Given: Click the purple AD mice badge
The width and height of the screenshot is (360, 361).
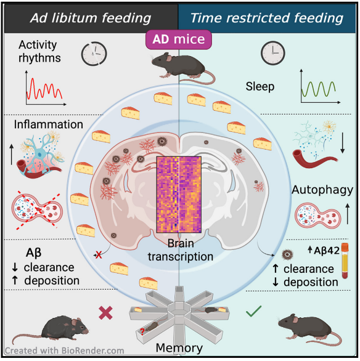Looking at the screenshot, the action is [179, 39].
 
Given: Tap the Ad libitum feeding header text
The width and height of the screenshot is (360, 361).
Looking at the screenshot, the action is [91, 18].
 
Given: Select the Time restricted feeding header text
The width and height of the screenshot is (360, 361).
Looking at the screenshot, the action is [267, 18].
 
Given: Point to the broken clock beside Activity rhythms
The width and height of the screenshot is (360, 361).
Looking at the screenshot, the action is [94, 54].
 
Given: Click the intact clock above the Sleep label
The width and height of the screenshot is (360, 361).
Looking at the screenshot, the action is [273, 53].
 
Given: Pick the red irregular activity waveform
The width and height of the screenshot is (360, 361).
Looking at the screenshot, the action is [44, 89].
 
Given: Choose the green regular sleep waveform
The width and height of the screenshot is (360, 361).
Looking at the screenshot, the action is [318, 89].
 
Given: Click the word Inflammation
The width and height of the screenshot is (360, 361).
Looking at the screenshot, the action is [49, 124].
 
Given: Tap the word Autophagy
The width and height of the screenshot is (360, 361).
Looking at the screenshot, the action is [322, 190].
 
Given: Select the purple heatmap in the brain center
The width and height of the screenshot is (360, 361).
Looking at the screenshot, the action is [179, 195].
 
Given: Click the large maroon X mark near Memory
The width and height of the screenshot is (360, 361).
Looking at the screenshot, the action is [106, 313].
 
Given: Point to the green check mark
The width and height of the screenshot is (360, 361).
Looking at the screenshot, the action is [253, 311].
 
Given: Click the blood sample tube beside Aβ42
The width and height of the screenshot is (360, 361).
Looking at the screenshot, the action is [345, 261].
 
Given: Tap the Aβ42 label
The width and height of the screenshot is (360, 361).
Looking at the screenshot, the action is [324, 250].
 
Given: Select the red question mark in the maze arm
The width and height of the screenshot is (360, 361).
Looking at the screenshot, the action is [142, 331].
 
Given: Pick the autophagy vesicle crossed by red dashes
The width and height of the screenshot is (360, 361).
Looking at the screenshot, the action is [37, 209].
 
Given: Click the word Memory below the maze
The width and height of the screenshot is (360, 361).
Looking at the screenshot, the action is [179, 348].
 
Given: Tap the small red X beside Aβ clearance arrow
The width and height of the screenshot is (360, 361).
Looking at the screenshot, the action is [99, 255].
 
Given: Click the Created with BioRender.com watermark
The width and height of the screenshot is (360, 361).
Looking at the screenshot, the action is [64, 351].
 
